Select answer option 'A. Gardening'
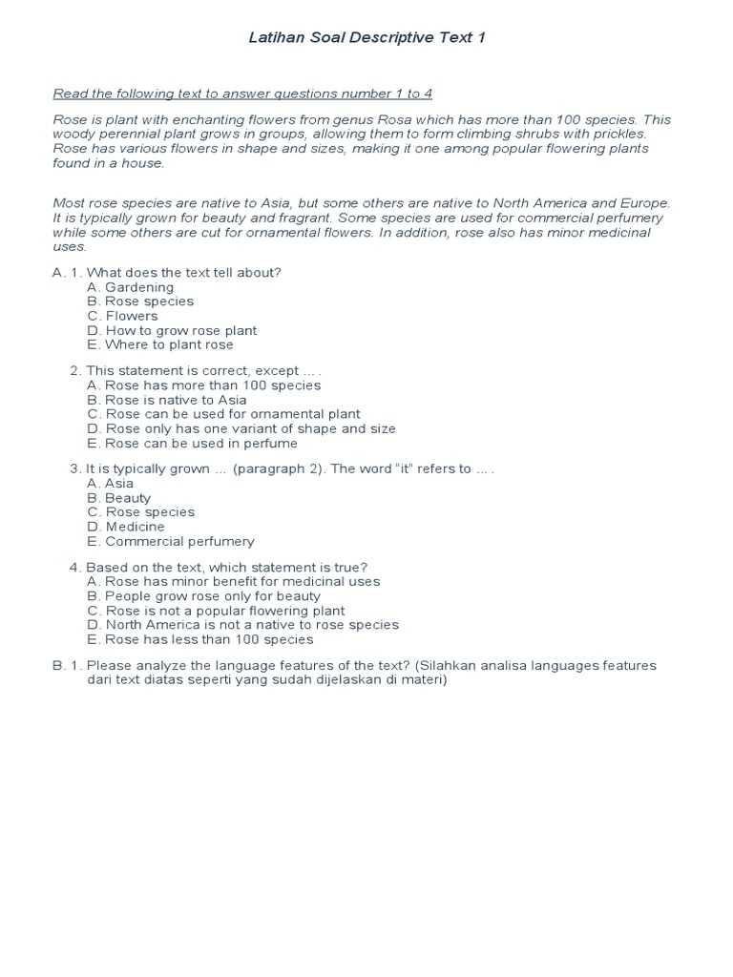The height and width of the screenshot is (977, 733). pyautogui.click(x=130, y=287)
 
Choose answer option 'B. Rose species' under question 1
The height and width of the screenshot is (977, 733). pyautogui.click(x=139, y=301)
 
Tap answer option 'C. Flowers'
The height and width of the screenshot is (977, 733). pyautogui.click(x=122, y=316)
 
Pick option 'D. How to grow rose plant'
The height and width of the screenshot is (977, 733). pyautogui.click(x=172, y=330)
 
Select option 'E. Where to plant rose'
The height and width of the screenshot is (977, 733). pyautogui.click(x=159, y=344)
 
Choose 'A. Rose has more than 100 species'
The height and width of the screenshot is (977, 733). pyautogui.click(x=203, y=385)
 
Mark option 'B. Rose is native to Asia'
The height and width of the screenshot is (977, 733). pyautogui.click(x=166, y=400)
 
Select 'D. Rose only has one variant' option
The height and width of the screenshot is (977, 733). pyautogui.click(x=241, y=428)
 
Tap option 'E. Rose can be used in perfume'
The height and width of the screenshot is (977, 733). pyautogui.click(x=192, y=443)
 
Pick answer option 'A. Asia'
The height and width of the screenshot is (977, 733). pyautogui.click(x=110, y=483)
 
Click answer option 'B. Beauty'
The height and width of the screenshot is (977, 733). pyautogui.click(x=118, y=498)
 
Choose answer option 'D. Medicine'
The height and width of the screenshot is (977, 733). pyautogui.click(x=125, y=527)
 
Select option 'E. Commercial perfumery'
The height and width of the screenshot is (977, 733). pyautogui.click(x=170, y=541)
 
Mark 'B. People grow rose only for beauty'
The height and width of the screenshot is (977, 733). pyautogui.click(x=203, y=596)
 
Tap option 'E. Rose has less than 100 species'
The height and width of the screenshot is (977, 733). pyautogui.click(x=199, y=639)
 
